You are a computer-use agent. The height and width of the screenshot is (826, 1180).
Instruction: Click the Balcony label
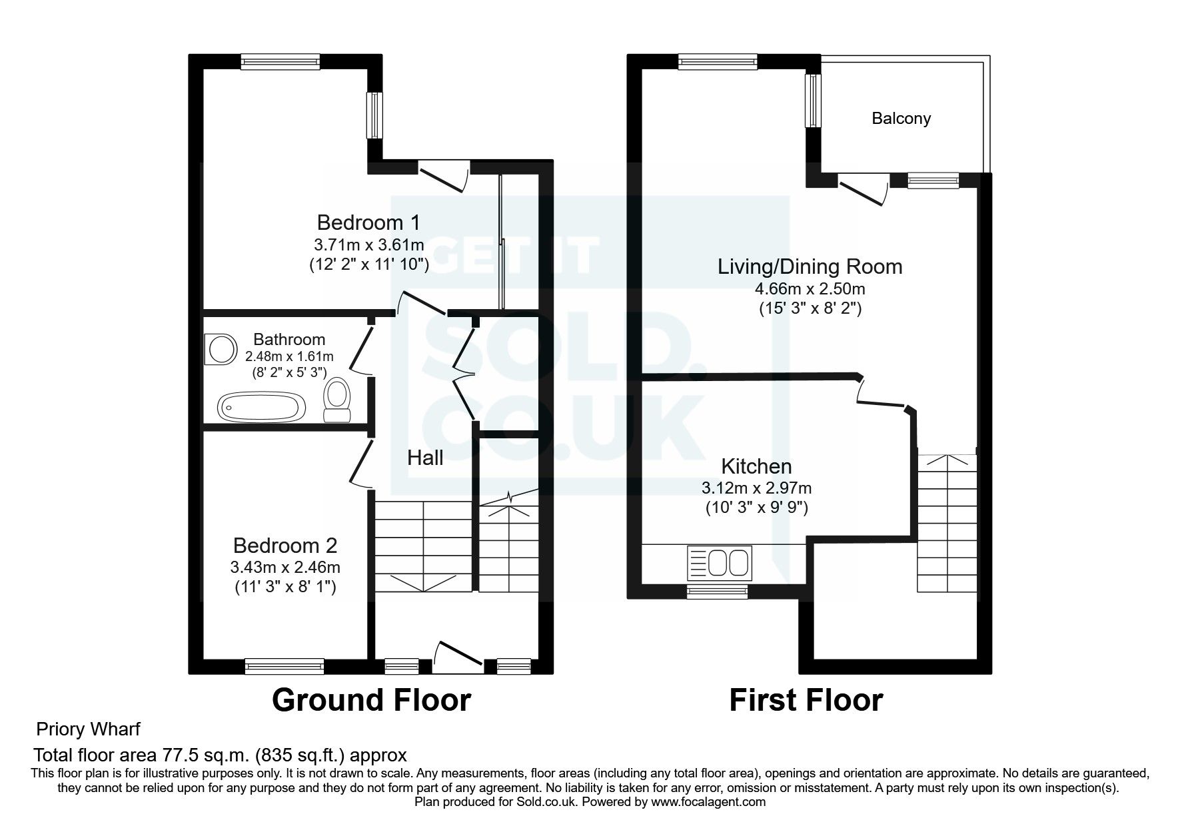(x=901, y=119)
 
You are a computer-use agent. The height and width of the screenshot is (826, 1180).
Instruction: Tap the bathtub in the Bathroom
(x=262, y=406)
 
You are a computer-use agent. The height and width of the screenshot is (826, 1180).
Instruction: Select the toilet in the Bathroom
(x=337, y=400)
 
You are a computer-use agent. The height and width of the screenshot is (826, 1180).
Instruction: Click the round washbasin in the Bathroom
(x=222, y=349)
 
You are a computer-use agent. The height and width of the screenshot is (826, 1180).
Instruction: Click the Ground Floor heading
(x=371, y=700)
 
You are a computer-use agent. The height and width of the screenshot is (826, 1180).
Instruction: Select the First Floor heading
(x=806, y=700)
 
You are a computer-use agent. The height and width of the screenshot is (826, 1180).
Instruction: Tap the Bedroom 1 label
(x=368, y=222)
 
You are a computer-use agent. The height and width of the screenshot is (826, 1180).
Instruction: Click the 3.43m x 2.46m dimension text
(x=285, y=568)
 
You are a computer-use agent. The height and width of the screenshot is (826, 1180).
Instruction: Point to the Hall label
(x=425, y=458)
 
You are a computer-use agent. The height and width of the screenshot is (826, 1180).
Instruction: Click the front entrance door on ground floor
(x=458, y=653)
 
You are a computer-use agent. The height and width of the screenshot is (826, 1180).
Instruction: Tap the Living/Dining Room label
(x=810, y=266)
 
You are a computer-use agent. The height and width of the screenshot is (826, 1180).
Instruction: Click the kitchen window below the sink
(x=717, y=591)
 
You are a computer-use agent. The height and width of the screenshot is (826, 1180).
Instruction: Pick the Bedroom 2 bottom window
(x=284, y=664)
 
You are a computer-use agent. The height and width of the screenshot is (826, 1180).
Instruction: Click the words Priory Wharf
(x=88, y=729)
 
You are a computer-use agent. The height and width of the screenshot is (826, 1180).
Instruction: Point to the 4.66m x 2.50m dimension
(x=810, y=289)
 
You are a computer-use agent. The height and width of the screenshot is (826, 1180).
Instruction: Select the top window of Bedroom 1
(x=280, y=62)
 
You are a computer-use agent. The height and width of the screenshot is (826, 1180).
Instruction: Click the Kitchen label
(x=756, y=466)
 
